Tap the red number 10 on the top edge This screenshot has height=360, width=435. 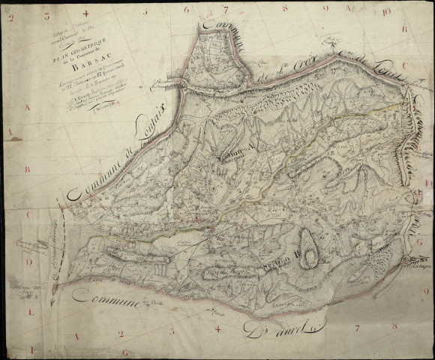click(385, 12)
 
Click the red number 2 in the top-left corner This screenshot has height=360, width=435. click(11, 17)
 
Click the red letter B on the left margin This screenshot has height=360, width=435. click(27, 169)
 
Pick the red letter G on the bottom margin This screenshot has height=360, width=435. click(124, 352)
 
